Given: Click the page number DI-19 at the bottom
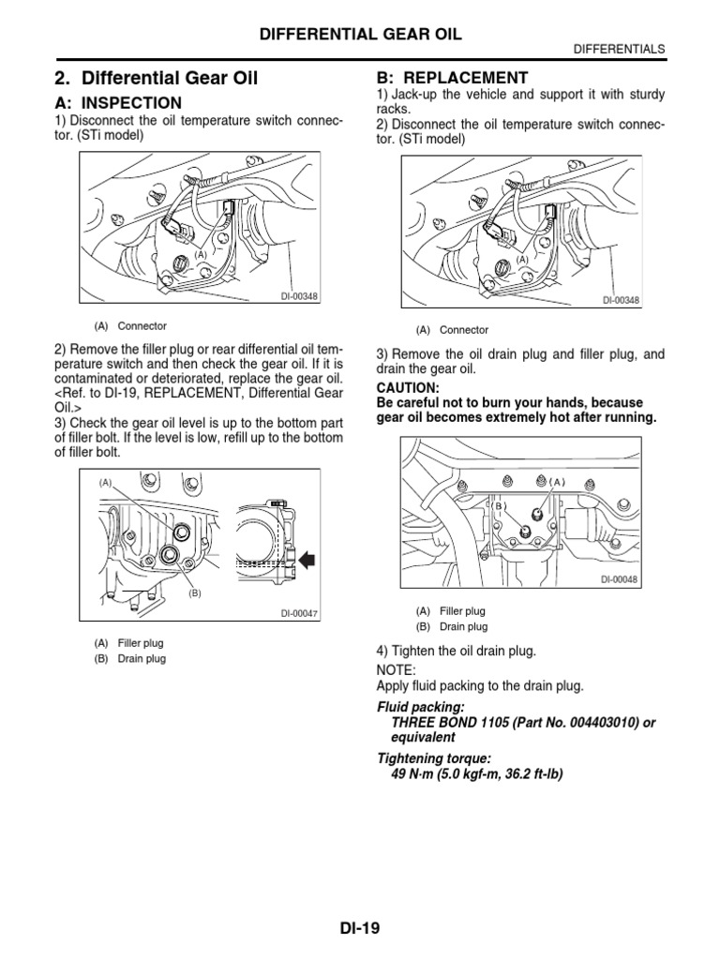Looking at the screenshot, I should coord(359,929).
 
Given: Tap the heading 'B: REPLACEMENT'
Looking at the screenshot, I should coord(452,78).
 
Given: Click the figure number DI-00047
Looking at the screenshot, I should coord(300,614).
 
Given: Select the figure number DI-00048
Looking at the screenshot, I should coord(619,579).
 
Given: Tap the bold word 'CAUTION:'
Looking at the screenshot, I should coord(407,387).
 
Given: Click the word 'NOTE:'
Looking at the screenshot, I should coord(397,670).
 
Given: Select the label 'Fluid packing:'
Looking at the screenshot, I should coord(420,706).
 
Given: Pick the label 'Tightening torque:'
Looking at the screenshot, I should coord(434,757).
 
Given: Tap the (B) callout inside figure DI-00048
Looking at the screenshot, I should coord(500,506).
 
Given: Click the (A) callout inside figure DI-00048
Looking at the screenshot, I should coord(559,482).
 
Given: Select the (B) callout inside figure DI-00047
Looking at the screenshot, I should coord(195,592).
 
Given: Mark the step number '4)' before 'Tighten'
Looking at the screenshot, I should coord(382,651).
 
